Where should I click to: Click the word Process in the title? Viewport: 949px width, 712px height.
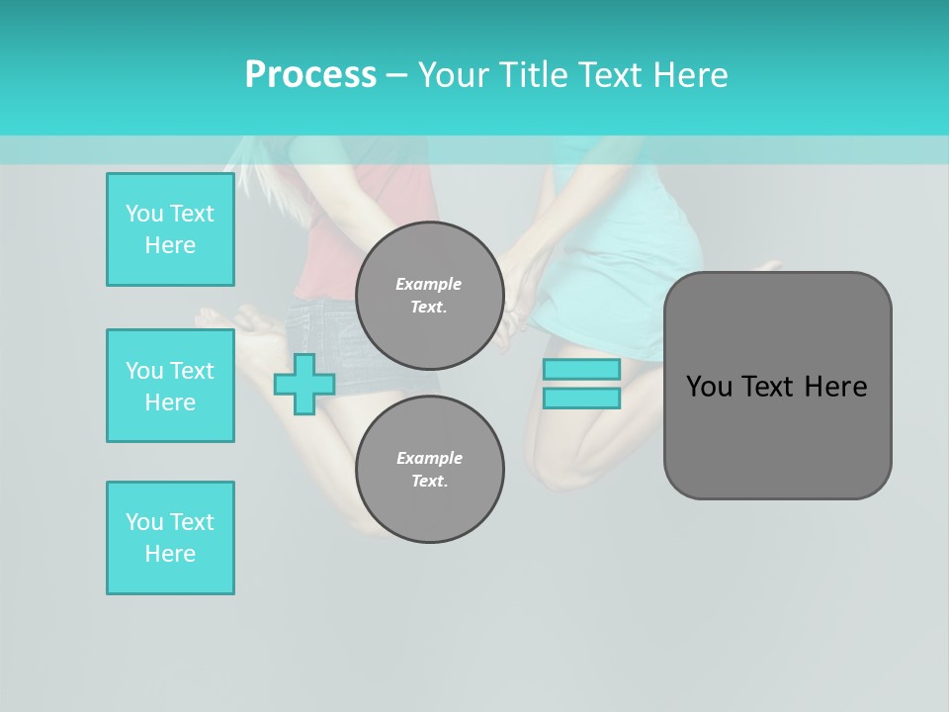pos(310,75)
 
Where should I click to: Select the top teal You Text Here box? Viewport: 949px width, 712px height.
pos(170,229)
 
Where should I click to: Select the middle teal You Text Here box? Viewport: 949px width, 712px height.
pos(170,386)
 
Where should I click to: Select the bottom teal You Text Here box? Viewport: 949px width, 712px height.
pos(170,538)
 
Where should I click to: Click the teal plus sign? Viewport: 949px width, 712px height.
pos(303,384)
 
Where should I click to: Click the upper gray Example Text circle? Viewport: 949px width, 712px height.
pos(429,296)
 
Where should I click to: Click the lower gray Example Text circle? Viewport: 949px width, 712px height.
pos(429,470)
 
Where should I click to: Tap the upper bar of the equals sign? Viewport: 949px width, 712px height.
pos(581,369)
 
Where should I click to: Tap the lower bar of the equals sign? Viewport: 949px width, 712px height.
pos(581,399)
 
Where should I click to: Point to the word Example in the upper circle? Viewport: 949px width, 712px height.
pos(428,284)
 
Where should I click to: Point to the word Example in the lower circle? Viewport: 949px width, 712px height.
pos(429,458)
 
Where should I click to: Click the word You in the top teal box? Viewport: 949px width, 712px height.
pos(144,214)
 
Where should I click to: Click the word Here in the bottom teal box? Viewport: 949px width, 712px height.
pos(170,554)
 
